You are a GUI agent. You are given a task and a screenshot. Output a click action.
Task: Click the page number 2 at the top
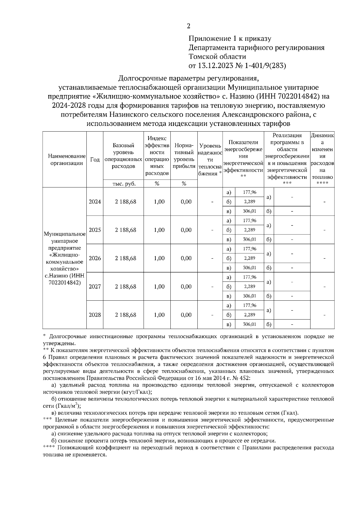pos(188,26)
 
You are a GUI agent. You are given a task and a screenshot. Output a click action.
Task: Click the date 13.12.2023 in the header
pos(214,66)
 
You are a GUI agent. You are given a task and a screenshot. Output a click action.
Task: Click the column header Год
pos(95,159)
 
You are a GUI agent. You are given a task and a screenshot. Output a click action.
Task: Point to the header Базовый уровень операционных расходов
pos(123,156)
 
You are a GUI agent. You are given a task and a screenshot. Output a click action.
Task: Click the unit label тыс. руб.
pos(123,184)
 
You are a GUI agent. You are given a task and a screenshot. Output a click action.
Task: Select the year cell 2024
pos(95,202)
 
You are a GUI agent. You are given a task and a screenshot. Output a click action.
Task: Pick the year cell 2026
pos(95,258)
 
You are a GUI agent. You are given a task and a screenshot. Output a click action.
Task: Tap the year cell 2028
pos(95,315)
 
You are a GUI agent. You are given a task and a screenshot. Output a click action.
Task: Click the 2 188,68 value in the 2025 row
pos(125,230)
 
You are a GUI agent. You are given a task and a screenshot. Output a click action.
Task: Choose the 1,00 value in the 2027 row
pos(159,287)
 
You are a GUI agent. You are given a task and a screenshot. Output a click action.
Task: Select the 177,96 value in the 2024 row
pos(249,192)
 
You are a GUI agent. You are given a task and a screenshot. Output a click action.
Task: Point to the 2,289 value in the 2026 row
pos(249,258)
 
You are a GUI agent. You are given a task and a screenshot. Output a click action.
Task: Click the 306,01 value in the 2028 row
pos(249,324)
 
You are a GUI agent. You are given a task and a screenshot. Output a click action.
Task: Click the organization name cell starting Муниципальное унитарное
pos(64,258)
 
